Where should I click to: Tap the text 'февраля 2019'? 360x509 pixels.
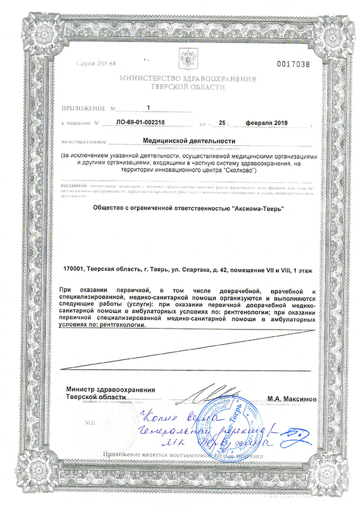coord(267,123)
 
